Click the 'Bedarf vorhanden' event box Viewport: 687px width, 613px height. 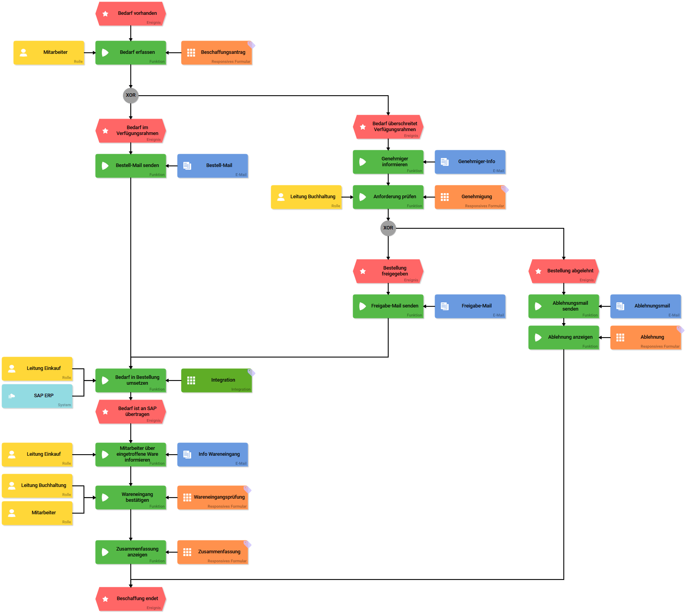131,14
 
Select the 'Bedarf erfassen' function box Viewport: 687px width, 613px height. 131,53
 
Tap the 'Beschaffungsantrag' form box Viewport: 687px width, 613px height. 217,53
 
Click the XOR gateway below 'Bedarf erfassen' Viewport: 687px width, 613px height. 131,95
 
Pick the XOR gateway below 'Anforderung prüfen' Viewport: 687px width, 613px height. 388,228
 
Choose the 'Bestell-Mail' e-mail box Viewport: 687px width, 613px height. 213,166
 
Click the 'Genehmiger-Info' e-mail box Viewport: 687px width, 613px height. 470,162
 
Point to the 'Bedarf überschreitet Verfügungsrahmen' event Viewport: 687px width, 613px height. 388,127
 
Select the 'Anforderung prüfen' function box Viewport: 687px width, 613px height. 388,197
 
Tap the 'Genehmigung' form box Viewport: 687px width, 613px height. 470,197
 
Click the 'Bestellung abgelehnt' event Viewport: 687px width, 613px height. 564,271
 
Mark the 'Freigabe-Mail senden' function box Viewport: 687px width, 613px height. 388,306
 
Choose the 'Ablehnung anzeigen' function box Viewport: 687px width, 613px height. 564,338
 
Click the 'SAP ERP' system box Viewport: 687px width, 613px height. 37,396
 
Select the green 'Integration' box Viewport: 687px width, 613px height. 217,380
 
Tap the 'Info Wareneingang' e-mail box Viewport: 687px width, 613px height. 213,455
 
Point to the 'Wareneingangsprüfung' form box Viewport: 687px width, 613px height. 213,498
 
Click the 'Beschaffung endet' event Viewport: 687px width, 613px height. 131,599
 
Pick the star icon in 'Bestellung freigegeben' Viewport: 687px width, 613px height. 363,271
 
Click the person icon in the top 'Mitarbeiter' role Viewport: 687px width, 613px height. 23,53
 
